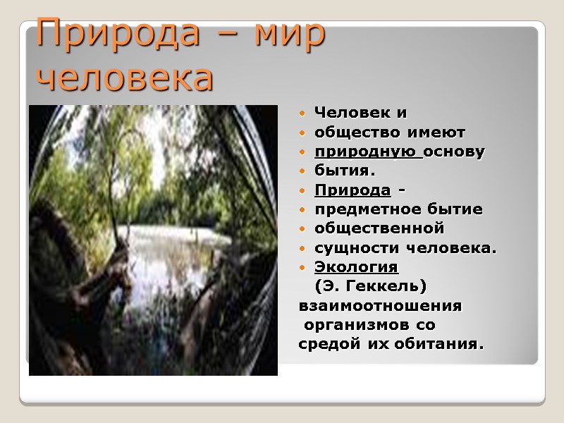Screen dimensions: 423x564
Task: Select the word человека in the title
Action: point(125,77)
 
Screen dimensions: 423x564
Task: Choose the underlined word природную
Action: point(367,152)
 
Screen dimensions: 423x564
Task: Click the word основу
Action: point(455,152)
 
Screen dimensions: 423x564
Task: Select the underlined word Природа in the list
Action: point(352,190)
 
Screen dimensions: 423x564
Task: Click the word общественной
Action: point(379,228)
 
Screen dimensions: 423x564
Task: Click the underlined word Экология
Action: point(356,267)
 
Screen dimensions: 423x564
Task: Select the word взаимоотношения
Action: point(381,307)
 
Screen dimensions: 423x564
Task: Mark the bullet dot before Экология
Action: point(302,268)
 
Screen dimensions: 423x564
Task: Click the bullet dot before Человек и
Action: point(302,114)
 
